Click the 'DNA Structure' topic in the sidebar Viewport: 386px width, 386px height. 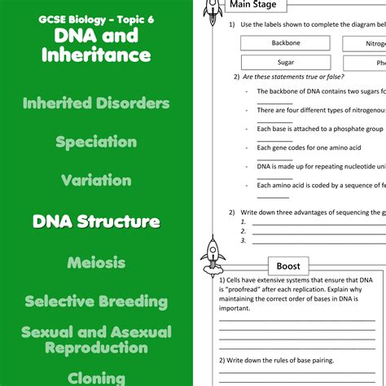click(96, 221)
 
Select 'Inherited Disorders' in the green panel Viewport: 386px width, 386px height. click(96, 103)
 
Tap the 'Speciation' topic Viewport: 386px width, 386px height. click(96, 142)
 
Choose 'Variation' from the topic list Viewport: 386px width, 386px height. click(96, 180)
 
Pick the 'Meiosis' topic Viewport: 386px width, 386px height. click(96, 262)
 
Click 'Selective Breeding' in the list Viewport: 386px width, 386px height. click(96, 301)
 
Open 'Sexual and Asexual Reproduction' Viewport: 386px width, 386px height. click(96, 340)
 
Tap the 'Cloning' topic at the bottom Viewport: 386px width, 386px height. click(96, 377)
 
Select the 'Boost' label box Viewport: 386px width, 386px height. click(288, 266)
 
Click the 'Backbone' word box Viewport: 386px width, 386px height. click(286, 42)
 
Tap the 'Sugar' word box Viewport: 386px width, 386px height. click(286, 62)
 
